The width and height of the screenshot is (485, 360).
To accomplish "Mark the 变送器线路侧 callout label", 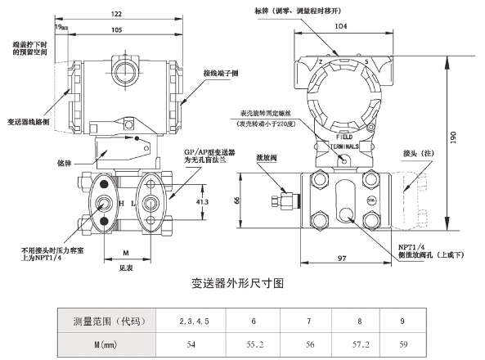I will coord(33,120).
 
